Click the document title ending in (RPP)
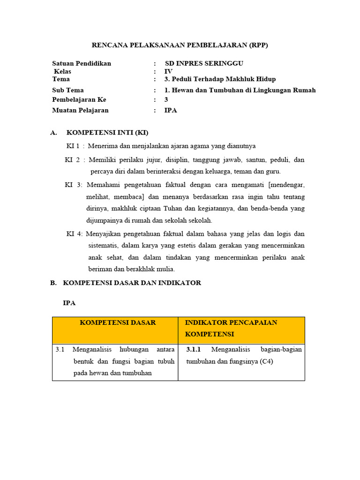click(x=180, y=45)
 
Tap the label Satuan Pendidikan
click(x=82, y=63)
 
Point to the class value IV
click(x=168, y=71)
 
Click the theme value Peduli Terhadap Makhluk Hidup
click(x=220, y=79)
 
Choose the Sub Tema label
click(x=68, y=90)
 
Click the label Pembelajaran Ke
click(x=79, y=99)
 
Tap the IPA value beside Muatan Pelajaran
click(x=171, y=110)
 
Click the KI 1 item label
click(x=73, y=146)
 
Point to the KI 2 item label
click(x=72, y=160)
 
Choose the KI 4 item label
click(x=74, y=233)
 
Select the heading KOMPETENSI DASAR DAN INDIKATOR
click(x=132, y=283)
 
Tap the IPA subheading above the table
click(x=69, y=303)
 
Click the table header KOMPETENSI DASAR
click(x=118, y=322)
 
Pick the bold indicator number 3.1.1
click(x=194, y=349)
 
